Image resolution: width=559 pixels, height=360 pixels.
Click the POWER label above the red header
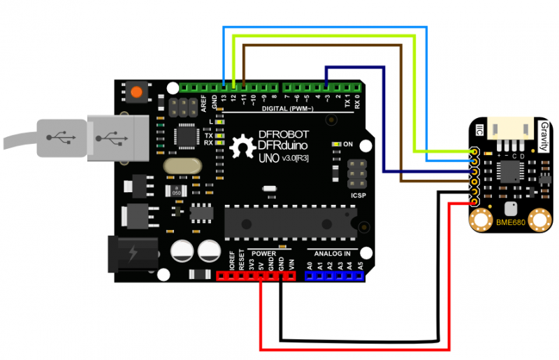(263, 252)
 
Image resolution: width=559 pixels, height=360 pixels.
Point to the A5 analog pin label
(361, 266)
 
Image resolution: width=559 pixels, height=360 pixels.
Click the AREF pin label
(204, 103)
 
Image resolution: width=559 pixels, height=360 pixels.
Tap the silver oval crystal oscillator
(180, 166)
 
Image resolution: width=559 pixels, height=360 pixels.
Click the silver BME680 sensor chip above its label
(510, 207)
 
